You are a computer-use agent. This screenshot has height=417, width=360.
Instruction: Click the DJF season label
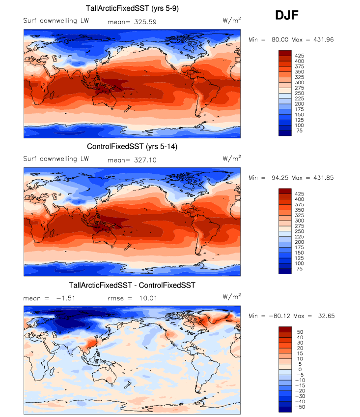tap(287, 16)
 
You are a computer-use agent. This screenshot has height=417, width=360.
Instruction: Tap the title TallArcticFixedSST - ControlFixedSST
tap(132, 285)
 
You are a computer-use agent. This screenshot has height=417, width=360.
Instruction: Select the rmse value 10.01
tap(146, 298)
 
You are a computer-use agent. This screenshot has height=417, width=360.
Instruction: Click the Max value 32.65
tap(324, 316)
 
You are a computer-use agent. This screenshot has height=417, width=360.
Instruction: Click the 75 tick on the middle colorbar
tap(299, 269)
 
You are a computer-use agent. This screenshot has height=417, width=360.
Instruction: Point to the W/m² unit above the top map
tap(232, 20)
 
